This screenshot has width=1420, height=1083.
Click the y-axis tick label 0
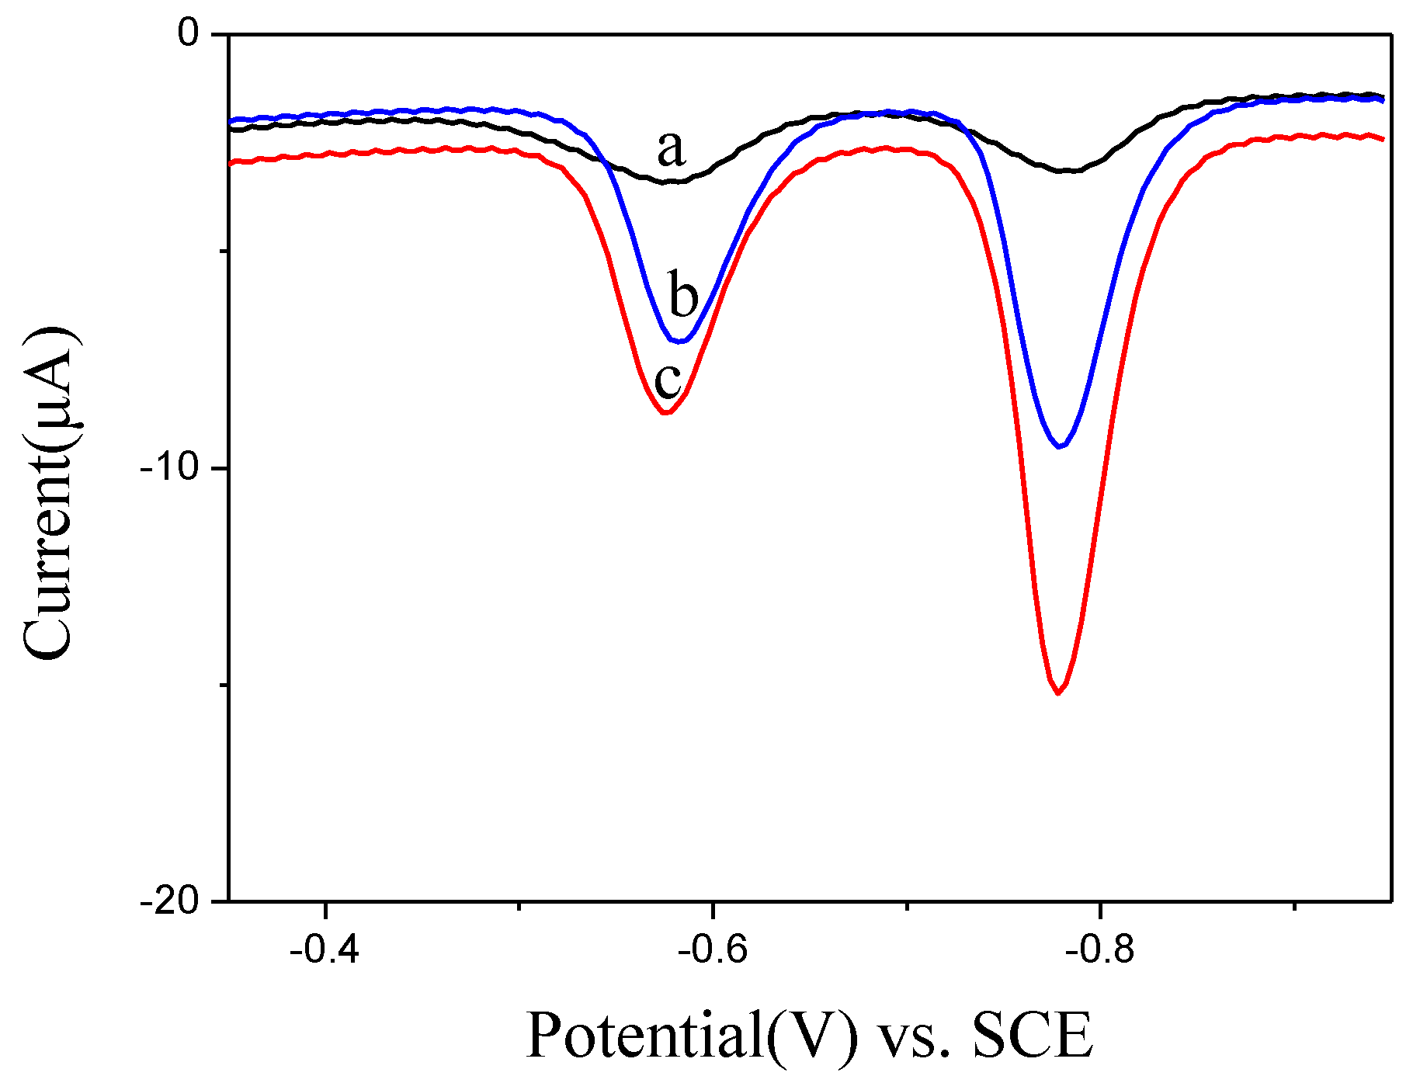pos(189,34)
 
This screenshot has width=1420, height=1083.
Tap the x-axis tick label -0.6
pos(712,949)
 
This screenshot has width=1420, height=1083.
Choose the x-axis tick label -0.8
pos(1099,949)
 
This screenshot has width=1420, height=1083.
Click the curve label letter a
pos(672,148)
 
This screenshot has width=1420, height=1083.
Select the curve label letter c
pos(668,380)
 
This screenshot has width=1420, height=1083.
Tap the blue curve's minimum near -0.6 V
pos(681,341)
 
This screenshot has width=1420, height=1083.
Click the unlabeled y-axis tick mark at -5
pos(224,251)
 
